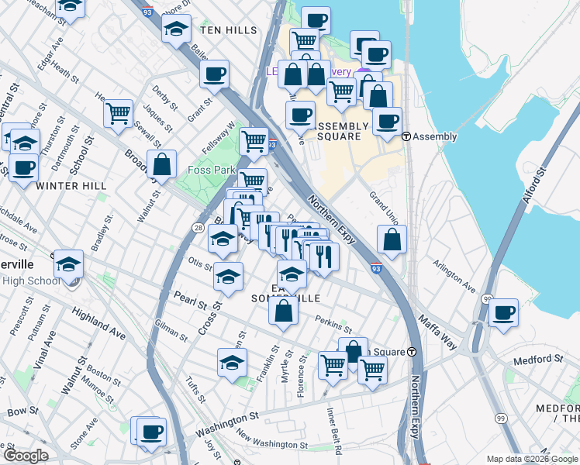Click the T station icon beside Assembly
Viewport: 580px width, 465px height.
(406, 136)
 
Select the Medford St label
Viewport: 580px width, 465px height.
(537, 359)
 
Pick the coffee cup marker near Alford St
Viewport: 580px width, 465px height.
(503, 312)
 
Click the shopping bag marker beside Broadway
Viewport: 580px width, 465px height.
(161, 164)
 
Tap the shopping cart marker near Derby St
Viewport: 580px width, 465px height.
(118, 114)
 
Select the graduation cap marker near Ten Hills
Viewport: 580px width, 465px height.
(176, 29)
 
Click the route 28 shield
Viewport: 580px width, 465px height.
(199, 228)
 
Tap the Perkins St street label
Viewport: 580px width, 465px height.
(333, 319)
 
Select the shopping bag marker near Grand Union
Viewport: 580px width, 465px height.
(392, 239)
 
